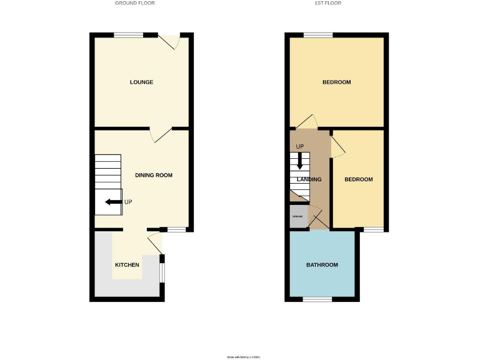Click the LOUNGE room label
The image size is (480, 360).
(x=141, y=82)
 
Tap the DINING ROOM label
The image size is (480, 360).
(x=154, y=175)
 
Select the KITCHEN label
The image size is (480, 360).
(x=127, y=265)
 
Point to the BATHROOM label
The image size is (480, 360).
(x=322, y=265)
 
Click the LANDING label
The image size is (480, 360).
(x=309, y=179)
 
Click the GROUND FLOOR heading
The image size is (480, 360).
(x=134, y=3)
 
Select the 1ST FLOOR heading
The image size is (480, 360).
(x=327, y=3)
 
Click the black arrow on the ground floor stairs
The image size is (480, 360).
(x=113, y=202)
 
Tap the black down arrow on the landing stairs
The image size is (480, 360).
(x=300, y=160)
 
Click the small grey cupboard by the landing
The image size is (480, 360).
(x=298, y=217)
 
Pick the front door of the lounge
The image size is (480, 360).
(x=169, y=41)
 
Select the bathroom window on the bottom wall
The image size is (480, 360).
(x=317, y=299)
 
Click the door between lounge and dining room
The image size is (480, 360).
(x=161, y=133)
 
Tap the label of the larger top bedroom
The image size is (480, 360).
(x=336, y=82)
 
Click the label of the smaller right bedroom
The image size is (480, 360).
(x=359, y=179)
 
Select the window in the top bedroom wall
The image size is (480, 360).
(x=317, y=35)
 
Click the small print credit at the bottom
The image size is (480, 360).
(x=243, y=357)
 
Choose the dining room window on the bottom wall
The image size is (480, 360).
(x=176, y=229)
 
